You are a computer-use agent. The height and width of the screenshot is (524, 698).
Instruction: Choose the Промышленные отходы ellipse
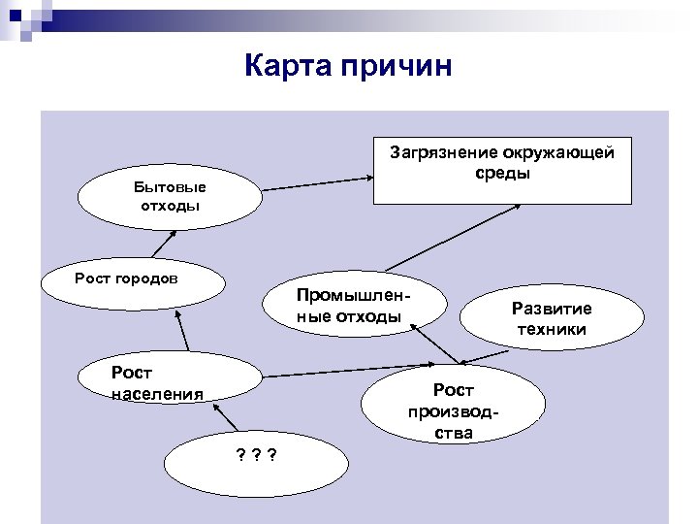[355, 306]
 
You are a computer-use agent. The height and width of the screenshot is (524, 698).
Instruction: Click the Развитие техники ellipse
[552, 320]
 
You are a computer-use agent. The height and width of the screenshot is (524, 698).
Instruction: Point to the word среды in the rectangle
[502, 175]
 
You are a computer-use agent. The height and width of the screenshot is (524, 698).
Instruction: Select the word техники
[552, 330]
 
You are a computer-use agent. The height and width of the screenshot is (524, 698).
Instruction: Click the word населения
[158, 393]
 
